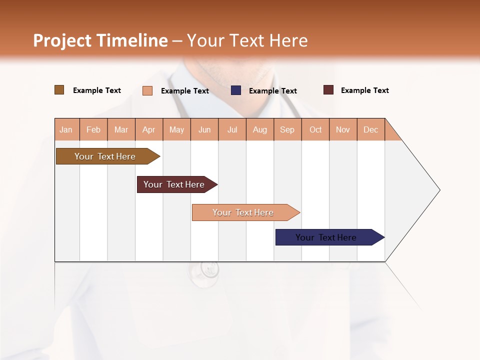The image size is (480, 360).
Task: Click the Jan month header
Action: point(66,129)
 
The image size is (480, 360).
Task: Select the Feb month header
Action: point(93,129)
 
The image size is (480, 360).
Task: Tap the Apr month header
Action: point(148,129)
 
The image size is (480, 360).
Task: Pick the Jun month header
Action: point(204,129)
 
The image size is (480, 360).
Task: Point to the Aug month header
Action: point(259,129)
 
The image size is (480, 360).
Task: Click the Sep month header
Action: point(287,129)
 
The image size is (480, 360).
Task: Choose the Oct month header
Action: point(315,129)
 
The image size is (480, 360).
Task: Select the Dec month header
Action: point(370,129)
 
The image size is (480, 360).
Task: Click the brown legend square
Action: point(59,90)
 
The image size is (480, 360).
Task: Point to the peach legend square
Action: point(147,90)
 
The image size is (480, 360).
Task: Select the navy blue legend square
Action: point(236,90)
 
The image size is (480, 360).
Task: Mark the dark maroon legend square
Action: point(328,90)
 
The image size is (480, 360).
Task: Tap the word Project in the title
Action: point(62,40)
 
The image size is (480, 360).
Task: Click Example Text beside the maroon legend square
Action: point(364,90)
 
